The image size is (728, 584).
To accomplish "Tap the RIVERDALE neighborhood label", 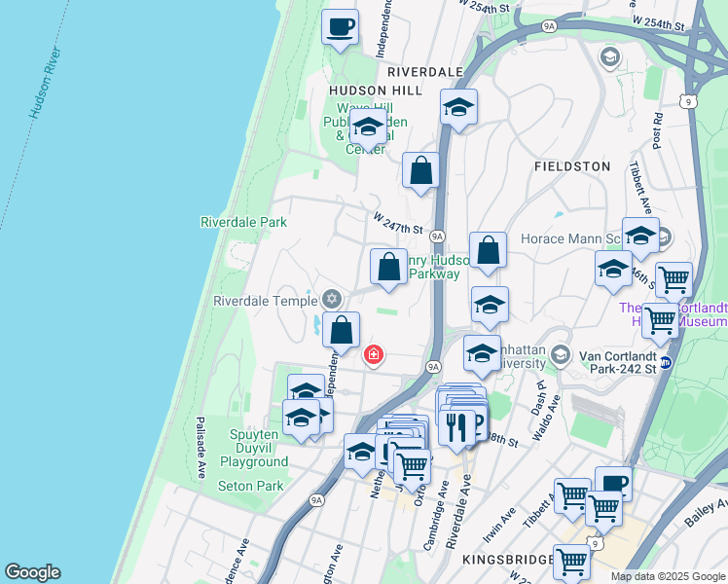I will tap(424, 72).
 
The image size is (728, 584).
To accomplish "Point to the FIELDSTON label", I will tap(572, 166).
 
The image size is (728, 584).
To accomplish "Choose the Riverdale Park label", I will tap(243, 222).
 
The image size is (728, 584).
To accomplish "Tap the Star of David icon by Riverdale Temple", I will tap(332, 298).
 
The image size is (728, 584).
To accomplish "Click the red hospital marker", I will tap(372, 355).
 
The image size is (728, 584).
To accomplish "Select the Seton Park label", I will tap(250, 486).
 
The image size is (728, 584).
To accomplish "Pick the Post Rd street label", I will tap(660, 130).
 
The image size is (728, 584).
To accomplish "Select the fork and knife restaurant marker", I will tap(455, 424).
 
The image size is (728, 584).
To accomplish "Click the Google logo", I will tap(32, 572).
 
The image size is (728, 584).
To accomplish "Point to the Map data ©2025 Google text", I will tap(667, 576).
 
